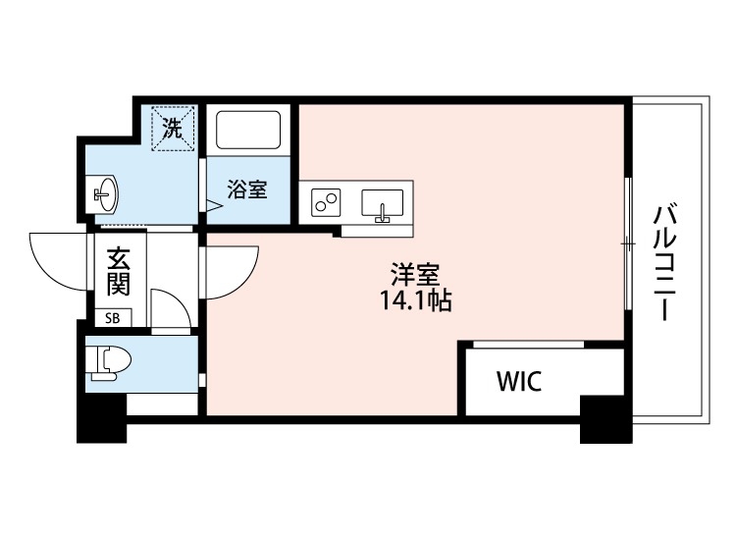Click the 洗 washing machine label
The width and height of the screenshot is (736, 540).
(x=172, y=128)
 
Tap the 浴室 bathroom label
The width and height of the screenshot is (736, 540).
(x=246, y=190)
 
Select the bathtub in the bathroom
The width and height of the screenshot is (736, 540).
(x=248, y=132)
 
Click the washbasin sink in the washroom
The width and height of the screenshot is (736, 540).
(x=105, y=193)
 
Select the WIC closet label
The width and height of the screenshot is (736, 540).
(x=518, y=382)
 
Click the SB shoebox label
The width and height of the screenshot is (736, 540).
(x=113, y=317)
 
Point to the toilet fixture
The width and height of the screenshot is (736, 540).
(x=103, y=361)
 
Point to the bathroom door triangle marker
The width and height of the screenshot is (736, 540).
(x=212, y=206)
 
